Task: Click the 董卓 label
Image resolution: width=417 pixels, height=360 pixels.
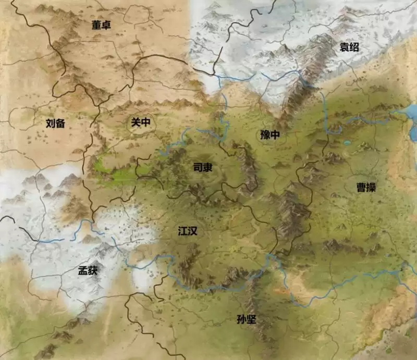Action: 101,24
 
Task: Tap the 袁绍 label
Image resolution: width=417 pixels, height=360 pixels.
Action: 349,47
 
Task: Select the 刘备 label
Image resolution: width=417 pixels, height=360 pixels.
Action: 56,123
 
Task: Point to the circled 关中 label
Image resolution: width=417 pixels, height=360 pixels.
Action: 140,122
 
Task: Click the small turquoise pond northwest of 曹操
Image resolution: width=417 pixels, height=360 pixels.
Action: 347,142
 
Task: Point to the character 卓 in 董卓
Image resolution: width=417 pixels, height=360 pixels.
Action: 107,24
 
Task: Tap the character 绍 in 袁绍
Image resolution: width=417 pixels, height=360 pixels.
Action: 355,47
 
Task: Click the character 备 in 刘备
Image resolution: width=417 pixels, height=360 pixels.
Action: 62,123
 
